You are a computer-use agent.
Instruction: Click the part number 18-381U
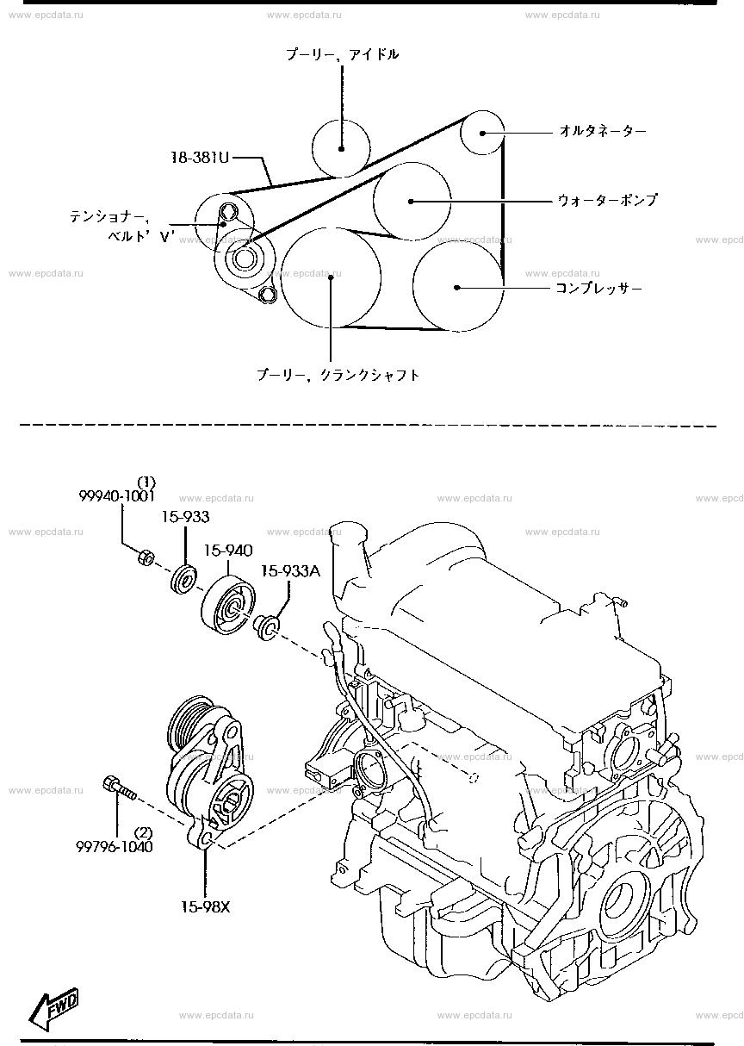coord(200,158)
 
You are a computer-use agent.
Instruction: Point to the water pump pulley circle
coord(412,200)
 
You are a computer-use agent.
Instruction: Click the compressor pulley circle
coord(457,286)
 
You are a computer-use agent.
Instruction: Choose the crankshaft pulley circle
coord(331,277)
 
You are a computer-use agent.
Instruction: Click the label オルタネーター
coord(602,131)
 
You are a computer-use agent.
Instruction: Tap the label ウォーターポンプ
coord(607,200)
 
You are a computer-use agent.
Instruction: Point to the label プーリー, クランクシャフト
coord(338,375)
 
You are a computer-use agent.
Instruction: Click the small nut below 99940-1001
coord(146,558)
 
